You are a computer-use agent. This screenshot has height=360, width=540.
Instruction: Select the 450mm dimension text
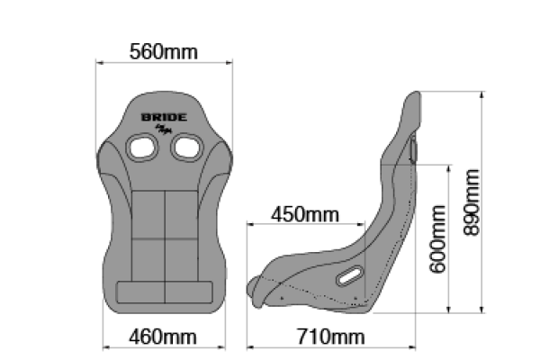(x=305, y=215)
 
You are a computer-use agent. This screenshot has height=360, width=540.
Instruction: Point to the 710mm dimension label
(x=330, y=337)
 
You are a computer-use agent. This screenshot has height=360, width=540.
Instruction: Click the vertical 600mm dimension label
(x=438, y=241)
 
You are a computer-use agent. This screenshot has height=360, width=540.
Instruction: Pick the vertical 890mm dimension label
(x=471, y=202)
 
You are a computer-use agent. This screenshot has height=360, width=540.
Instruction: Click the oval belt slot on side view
(x=349, y=276)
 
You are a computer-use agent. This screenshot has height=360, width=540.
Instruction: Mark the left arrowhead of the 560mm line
(x=99, y=63)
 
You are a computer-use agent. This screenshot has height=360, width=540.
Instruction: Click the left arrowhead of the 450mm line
(x=249, y=224)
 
